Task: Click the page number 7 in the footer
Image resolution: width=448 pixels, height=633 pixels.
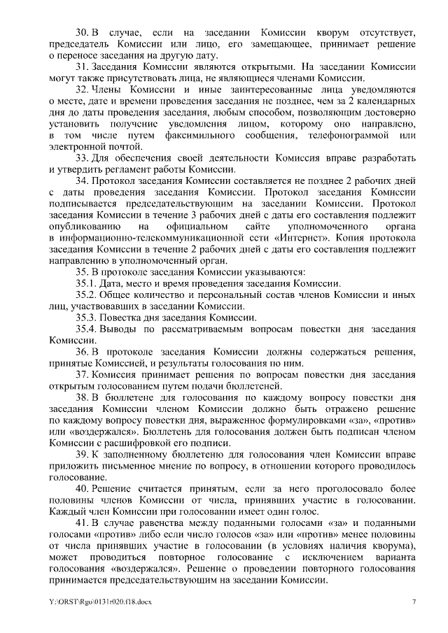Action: [x=414, y=602]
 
